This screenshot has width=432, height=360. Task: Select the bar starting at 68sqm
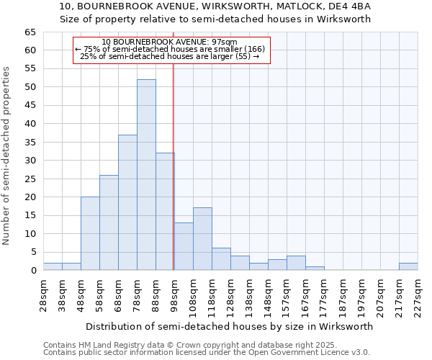[x=127, y=202]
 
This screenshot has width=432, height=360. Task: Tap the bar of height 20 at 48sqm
[x=90, y=233]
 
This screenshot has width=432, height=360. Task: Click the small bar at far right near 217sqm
[x=408, y=266]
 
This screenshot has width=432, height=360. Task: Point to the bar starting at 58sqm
[x=109, y=222]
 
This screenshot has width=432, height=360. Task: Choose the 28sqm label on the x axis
[x=43, y=294]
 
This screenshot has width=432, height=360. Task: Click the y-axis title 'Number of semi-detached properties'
[x=6, y=156]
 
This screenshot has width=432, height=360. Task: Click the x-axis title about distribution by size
[x=230, y=326]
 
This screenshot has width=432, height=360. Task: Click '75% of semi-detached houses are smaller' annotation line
[x=171, y=49]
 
